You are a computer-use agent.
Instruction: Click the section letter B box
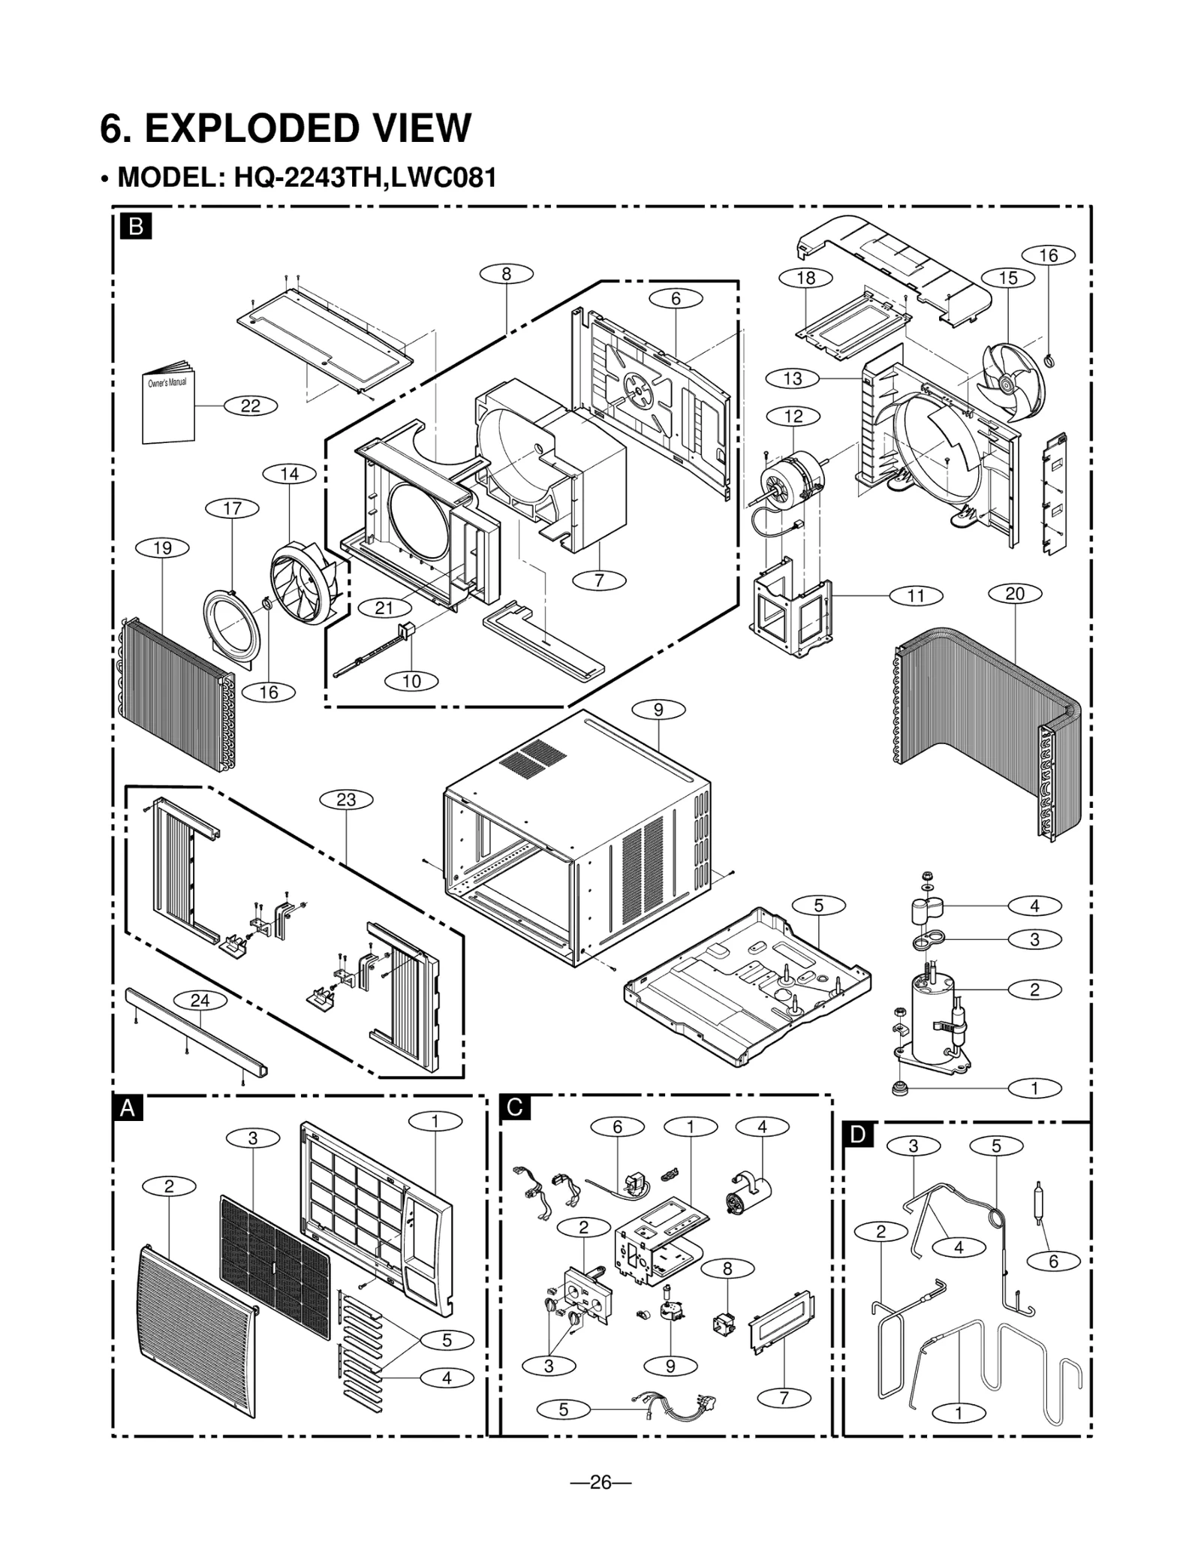[136, 226]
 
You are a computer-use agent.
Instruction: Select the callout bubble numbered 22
[250, 406]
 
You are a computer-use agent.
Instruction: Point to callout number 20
[1014, 594]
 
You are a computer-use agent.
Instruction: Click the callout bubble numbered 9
[658, 710]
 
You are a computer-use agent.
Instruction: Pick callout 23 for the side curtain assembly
[346, 800]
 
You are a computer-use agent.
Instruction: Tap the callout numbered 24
[200, 1000]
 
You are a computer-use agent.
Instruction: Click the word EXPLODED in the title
[307, 128]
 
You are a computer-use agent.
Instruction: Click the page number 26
[600, 1482]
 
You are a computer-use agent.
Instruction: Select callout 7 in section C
[784, 1397]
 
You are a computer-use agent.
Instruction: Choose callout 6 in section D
[1053, 1261]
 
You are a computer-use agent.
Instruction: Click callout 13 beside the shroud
[793, 378]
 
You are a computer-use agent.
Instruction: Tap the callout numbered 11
[916, 596]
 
